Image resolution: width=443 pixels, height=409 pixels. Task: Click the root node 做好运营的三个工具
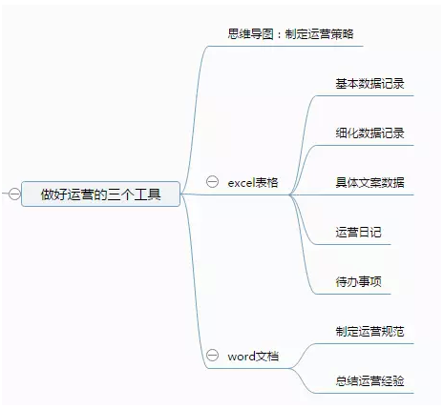100,194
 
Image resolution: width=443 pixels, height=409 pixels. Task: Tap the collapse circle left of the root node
14,194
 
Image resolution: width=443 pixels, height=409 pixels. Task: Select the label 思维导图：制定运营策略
290,34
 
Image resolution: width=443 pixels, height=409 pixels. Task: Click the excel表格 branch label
253,183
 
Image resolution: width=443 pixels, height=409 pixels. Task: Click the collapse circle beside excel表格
212,182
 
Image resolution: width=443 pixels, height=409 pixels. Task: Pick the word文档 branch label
253,357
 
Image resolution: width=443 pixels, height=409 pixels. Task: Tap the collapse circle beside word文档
212,355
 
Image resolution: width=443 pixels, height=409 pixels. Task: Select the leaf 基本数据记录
369,84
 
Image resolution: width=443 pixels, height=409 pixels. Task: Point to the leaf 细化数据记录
369,133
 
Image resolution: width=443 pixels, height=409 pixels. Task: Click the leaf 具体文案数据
369,183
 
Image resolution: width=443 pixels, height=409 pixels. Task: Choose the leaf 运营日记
358,233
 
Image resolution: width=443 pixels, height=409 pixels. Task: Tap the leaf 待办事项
358,282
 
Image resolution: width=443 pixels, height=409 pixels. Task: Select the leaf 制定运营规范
369,332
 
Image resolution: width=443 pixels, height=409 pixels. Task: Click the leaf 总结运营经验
369,381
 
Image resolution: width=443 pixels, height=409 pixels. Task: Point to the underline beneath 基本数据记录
365,95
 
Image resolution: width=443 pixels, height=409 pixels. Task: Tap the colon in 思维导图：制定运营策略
279,34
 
